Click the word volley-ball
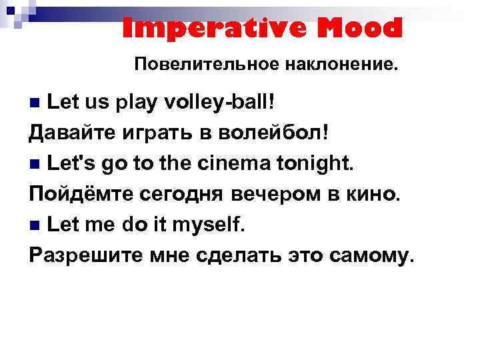227,103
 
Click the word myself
209,225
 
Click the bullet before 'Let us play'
36,104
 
